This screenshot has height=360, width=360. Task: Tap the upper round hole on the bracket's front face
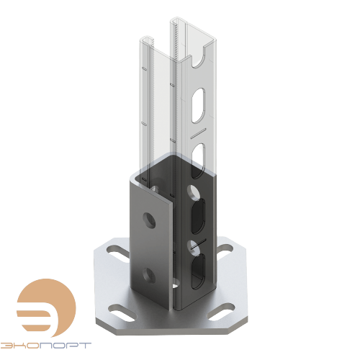[x=149, y=219]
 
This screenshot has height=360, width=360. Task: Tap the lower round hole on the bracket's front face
[x=150, y=274]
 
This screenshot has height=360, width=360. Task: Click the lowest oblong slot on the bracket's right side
[x=197, y=270]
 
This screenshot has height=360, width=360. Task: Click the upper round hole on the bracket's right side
[x=193, y=192]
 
